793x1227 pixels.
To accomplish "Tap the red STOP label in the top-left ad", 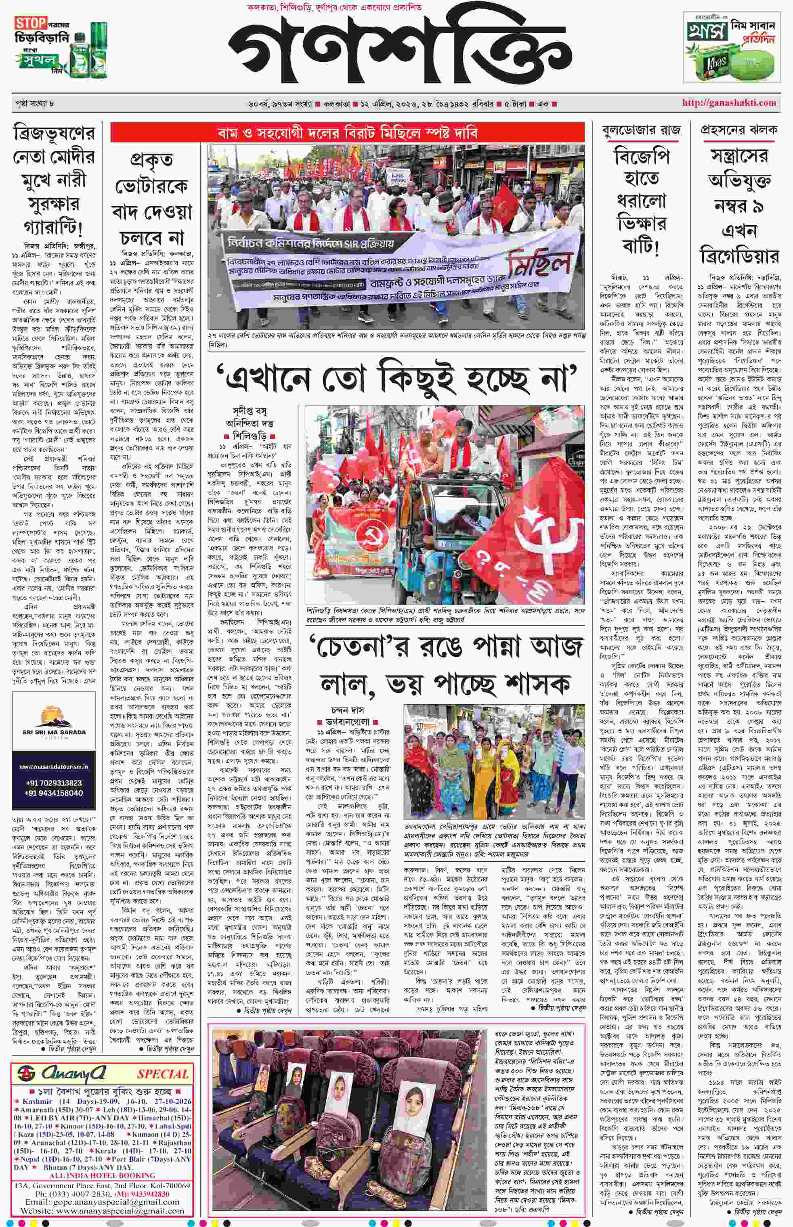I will (x=30, y=23).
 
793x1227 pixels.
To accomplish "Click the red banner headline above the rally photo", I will (x=347, y=133).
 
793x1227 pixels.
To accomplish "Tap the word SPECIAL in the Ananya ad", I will (x=162, y=1074).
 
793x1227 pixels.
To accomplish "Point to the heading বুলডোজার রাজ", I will (x=641, y=130).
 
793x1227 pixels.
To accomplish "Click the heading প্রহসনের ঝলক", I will (x=738, y=130).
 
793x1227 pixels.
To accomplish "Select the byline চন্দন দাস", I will (x=348, y=711).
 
